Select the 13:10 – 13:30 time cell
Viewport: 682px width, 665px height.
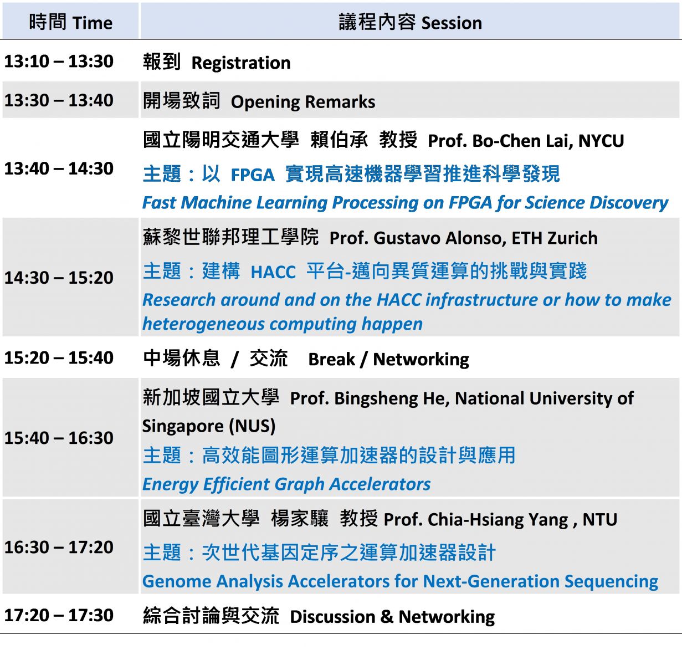click(59, 62)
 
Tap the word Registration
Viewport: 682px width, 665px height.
click(241, 63)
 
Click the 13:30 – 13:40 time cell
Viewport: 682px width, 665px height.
click(59, 100)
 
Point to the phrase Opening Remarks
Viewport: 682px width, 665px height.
click(303, 102)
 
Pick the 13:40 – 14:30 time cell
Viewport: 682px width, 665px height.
click(59, 168)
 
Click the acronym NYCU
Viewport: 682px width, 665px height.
click(601, 141)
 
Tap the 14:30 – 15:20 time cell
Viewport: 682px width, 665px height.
click(59, 278)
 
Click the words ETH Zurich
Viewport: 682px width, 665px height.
click(555, 238)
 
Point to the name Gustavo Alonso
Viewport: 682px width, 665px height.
click(440, 238)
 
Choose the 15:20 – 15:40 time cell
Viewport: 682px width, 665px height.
click(59, 357)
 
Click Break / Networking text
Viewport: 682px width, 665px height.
click(389, 359)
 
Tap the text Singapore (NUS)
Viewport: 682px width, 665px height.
click(209, 426)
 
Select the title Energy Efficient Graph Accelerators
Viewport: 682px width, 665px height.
click(286, 484)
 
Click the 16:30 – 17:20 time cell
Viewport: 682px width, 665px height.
click(59, 547)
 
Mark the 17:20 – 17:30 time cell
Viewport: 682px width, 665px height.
click(59, 615)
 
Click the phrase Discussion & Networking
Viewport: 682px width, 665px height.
click(392, 617)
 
